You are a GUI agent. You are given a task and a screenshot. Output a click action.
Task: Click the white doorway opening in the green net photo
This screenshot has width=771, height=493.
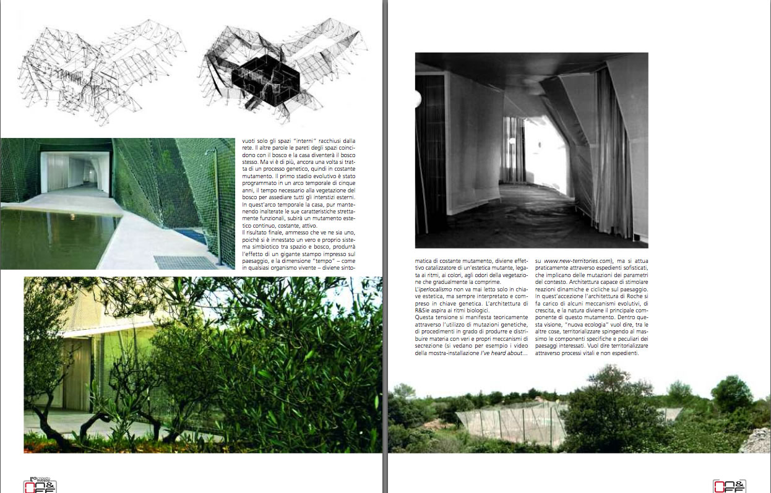(x=67, y=171)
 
